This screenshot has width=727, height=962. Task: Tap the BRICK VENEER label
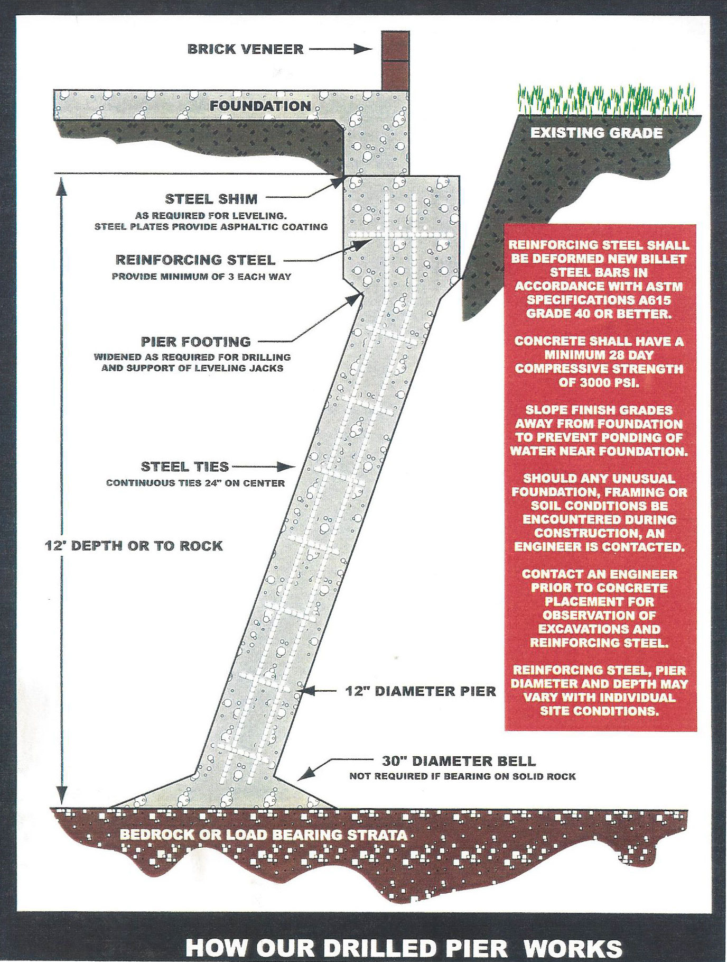tap(246, 49)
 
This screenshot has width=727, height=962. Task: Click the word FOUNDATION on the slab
tap(260, 106)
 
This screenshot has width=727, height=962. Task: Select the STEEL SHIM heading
tap(211, 199)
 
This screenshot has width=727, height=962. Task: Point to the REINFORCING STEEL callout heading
tap(195, 260)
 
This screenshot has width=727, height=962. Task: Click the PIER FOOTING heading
tap(195, 342)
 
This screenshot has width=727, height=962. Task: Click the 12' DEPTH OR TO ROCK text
tap(134, 546)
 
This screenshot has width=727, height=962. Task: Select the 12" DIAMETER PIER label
tap(421, 691)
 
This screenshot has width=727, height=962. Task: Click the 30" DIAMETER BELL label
tap(459, 761)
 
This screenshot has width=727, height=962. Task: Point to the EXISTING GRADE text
tap(596, 133)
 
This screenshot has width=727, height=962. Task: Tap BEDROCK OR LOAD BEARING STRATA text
tap(263, 835)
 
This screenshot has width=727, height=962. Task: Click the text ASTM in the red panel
tap(665, 286)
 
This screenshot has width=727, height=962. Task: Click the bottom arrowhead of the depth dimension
tap(62, 795)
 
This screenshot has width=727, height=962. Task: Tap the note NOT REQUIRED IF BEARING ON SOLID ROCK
tap(462, 776)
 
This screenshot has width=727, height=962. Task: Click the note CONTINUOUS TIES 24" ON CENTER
tap(195, 483)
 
